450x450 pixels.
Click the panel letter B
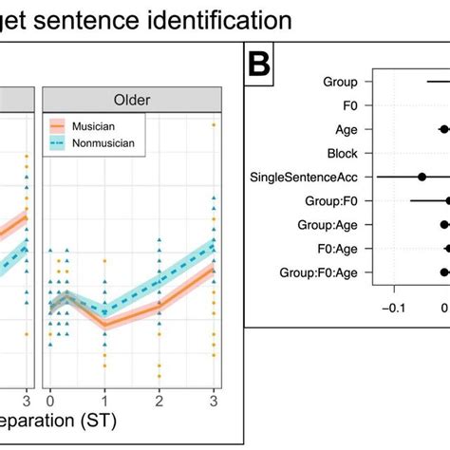tap(262, 66)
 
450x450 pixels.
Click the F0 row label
tap(348, 106)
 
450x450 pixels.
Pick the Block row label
tap(342, 153)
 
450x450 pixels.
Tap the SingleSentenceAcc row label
tap(304, 177)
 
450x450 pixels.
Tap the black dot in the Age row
tap(443, 129)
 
